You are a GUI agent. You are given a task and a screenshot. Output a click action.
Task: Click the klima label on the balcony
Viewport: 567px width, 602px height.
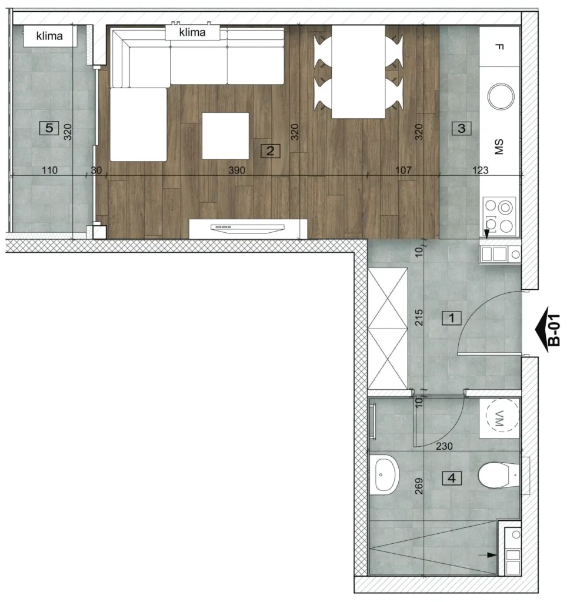pyautogui.click(x=49, y=36)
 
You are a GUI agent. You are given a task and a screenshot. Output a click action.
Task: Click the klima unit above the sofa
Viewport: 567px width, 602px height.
pyautogui.click(x=192, y=32)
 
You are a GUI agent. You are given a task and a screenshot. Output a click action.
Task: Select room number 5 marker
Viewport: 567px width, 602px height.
pyautogui.click(x=49, y=128)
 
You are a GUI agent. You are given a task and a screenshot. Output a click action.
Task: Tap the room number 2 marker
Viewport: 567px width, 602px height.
pyautogui.click(x=271, y=151)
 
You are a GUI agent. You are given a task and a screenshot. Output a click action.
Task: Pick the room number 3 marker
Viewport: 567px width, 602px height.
pyautogui.click(x=461, y=128)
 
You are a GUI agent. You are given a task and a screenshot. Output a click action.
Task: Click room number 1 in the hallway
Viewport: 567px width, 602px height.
pyautogui.click(x=451, y=318)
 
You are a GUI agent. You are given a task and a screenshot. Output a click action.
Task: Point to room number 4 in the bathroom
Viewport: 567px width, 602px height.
pyautogui.click(x=451, y=479)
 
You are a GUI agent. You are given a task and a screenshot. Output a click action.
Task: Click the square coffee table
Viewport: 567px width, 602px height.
pyautogui.click(x=225, y=136)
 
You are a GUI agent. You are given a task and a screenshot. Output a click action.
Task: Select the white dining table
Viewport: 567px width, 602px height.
pyautogui.click(x=358, y=72)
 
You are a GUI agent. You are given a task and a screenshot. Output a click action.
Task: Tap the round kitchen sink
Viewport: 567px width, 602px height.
pyautogui.click(x=501, y=96)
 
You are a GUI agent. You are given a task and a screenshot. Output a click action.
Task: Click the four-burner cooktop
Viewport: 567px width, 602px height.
pyautogui.click(x=499, y=215)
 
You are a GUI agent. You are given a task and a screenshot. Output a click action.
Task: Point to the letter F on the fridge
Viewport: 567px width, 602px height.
pyautogui.click(x=499, y=47)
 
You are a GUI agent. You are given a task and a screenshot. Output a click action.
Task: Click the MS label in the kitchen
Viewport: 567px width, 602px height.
pyautogui.click(x=499, y=147)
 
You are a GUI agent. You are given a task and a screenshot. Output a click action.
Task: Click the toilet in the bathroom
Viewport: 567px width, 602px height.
pyautogui.click(x=499, y=475)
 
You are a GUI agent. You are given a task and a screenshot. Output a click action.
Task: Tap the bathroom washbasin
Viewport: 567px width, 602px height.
pyautogui.click(x=385, y=475)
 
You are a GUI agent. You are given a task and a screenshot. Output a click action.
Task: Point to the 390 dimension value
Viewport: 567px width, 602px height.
pyautogui.click(x=236, y=170)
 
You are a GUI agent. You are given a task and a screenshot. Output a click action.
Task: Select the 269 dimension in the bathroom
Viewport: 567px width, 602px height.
pyautogui.click(x=419, y=486)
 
